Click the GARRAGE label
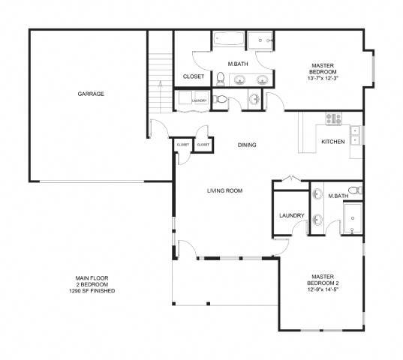pyautogui.click(x=89, y=94)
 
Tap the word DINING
pyautogui.click(x=246, y=145)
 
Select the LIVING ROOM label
pyautogui.click(x=224, y=190)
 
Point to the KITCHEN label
pyautogui.click(x=332, y=141)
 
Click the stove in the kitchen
pyautogui.click(x=333, y=118)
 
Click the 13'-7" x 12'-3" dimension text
pyautogui.click(x=323, y=79)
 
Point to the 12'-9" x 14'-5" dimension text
pyautogui.click(x=326, y=289)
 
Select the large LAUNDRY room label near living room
pyautogui.click(x=291, y=216)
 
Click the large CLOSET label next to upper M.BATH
pyautogui.click(x=193, y=76)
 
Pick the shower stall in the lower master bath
pyautogui.click(x=351, y=220)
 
